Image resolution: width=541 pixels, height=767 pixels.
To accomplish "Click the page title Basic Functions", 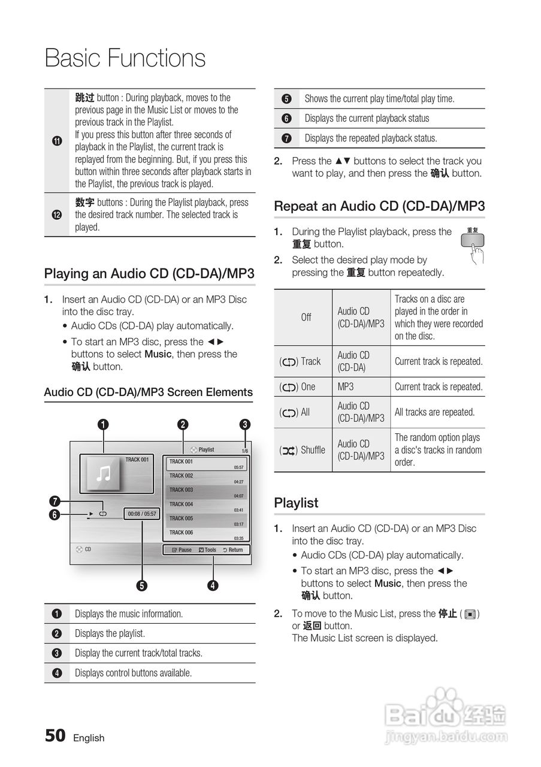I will pos(125,59).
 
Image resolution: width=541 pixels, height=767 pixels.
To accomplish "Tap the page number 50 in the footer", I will pos(55,735).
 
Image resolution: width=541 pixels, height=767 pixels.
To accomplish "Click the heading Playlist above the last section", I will pos(296,503).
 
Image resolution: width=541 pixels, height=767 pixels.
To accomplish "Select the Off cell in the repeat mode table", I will pos(306,317).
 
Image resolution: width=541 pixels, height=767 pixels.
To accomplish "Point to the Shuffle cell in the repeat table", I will pos(303,450).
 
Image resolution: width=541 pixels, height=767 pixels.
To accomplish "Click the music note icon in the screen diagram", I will pos(104,474).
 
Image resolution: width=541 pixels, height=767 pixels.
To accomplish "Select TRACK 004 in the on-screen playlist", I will pos(181,505).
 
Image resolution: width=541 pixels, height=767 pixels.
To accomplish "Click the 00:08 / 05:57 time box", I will pos(142,514).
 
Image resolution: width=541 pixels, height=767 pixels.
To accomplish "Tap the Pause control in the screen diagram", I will pos(182,549).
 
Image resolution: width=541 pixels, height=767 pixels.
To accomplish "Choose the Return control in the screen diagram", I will pos(232,549).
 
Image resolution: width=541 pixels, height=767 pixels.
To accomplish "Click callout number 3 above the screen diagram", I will pos(244,424).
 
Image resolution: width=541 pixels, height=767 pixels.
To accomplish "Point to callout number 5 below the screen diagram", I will pos(142,585).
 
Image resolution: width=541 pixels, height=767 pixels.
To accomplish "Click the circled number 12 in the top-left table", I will pos(57,215).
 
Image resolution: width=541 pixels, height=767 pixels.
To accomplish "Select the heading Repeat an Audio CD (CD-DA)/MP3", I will pos(379,206).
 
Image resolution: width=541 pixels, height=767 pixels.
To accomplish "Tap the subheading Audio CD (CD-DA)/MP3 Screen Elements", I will pos(149,392).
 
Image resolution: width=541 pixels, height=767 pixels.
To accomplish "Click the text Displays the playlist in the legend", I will pos(110,633).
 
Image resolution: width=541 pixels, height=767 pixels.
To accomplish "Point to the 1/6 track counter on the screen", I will pos(244,451).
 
